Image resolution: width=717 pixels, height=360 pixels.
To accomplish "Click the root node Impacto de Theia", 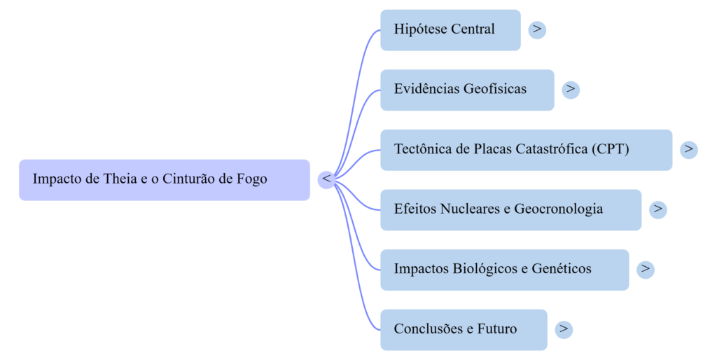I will [x=164, y=180].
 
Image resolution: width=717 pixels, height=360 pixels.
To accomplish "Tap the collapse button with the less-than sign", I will [x=326, y=179].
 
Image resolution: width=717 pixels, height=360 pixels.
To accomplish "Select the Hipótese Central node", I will [x=450, y=30].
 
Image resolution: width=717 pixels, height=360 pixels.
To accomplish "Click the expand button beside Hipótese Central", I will [x=537, y=29].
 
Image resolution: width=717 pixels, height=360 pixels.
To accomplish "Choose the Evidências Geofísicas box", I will [x=467, y=90].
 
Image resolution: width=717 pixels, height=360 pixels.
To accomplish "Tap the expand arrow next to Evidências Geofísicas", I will [x=571, y=90].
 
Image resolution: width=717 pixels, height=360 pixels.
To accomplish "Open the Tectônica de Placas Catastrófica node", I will [x=526, y=150].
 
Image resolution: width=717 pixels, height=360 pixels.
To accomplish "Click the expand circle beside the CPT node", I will [x=689, y=149].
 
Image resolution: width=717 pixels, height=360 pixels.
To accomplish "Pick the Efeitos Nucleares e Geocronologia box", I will [x=510, y=209].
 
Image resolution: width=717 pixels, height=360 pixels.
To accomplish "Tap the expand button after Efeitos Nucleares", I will [x=657, y=209].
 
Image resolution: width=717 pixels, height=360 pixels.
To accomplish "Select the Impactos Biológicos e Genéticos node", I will [x=504, y=270].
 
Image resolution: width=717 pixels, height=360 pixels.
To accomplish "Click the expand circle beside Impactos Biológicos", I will [x=646, y=269].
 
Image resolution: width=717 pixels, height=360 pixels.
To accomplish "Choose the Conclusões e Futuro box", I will [x=464, y=329].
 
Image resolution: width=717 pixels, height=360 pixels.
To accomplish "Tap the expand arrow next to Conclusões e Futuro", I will [x=564, y=328].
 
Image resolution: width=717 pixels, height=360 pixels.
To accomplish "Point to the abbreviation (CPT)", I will [x=610, y=150].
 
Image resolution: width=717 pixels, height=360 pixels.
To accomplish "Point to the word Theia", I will [x=120, y=179].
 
